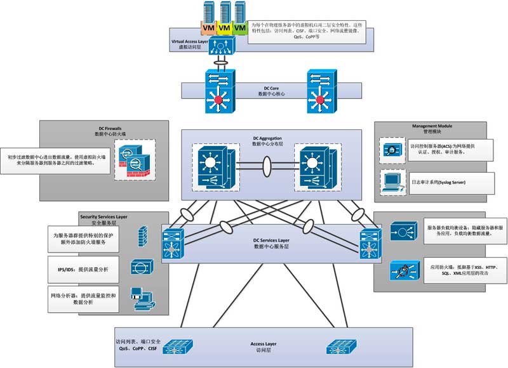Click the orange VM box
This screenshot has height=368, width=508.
coord(208,29)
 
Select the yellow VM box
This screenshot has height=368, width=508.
coord(224,29)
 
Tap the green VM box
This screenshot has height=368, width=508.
coord(239,29)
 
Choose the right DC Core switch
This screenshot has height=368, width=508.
coord(323,92)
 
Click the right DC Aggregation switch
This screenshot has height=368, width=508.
coord(313,166)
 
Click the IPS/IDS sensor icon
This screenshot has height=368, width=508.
coord(140,266)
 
